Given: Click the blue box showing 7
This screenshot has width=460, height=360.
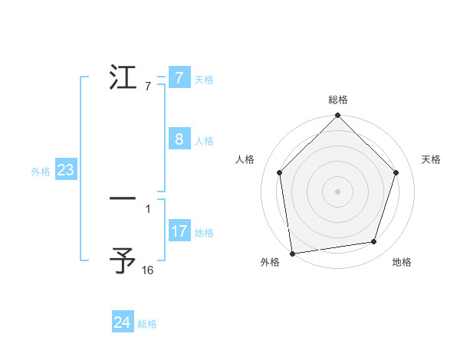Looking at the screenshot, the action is (179, 78).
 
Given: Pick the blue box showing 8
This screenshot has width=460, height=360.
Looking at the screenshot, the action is (179, 139).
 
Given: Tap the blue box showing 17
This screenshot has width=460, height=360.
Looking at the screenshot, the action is (179, 231).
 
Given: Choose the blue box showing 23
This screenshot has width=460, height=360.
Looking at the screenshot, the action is (65, 170).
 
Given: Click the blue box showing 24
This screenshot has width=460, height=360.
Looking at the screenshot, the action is (122, 322).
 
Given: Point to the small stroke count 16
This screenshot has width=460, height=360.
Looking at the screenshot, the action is (148, 270).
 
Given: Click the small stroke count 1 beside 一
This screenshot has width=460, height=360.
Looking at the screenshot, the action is (148, 208).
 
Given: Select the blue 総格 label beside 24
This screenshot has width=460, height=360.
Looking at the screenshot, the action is (147, 324).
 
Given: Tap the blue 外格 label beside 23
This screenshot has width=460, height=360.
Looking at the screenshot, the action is (41, 172).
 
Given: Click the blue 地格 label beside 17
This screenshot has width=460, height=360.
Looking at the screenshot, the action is (204, 232).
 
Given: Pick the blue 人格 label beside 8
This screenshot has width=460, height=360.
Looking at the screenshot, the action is (204, 141).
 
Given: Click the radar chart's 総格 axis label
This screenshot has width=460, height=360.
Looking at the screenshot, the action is (338, 100).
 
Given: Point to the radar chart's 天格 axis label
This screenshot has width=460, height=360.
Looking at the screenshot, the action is (431, 159).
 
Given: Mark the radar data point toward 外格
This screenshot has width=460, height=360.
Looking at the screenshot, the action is (292, 253).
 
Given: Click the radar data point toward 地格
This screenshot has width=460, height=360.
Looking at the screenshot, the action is (374, 242).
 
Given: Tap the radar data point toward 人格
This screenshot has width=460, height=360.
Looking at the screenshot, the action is (279, 172).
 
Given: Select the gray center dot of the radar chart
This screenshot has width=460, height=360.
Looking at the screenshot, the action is (338, 191).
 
